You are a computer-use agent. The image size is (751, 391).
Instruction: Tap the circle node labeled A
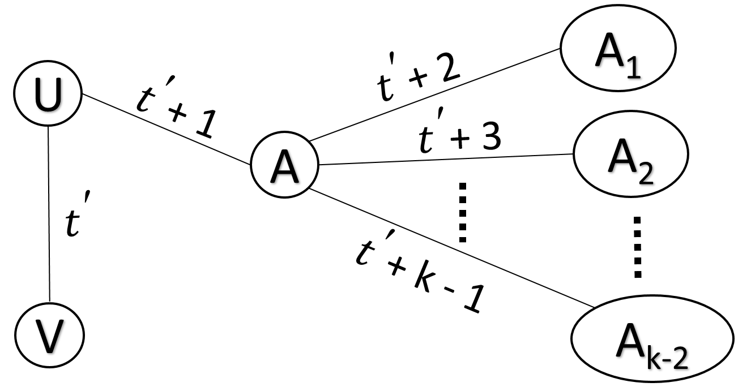(285, 169)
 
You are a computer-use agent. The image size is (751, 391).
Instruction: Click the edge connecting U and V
(49, 215)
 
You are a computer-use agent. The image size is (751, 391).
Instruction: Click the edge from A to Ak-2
(453, 249)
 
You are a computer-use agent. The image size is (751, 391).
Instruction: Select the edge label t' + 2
(419, 76)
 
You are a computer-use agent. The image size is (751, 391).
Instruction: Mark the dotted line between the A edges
(463, 212)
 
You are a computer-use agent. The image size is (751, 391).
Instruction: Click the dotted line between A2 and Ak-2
(638, 247)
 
